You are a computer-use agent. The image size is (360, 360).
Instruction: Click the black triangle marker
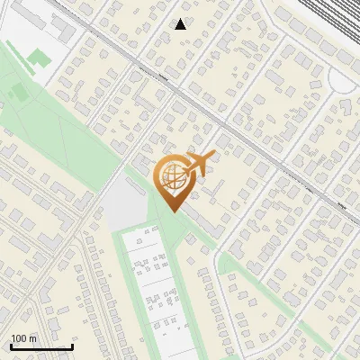pyautogui.click(x=181, y=24)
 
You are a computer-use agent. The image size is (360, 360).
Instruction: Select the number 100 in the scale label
pyautogui.click(x=20, y=338)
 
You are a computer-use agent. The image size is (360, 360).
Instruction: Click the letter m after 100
pyautogui.click(x=33, y=338)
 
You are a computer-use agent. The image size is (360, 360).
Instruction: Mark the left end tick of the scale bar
pyautogui.click(x=11, y=346)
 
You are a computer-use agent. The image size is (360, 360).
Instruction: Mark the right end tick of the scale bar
pyautogui.click(x=72, y=346)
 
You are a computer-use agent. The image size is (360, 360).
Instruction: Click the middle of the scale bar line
pyautogui.click(x=41, y=347)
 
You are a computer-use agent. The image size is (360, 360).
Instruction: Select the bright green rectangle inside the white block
pyautogui.click(x=38, y=58)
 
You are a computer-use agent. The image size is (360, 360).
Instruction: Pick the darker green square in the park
pyautogui.click(x=17, y=92)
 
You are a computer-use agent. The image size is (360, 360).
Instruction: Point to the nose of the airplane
pyautogui.click(x=212, y=157)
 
